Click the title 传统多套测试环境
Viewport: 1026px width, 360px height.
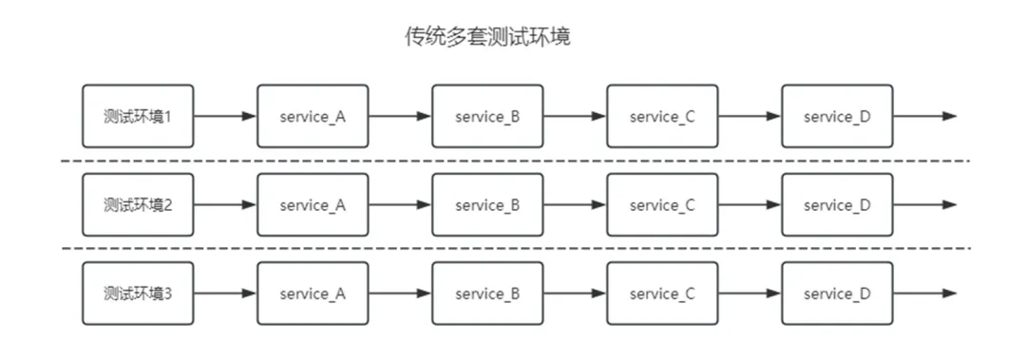pos(487,38)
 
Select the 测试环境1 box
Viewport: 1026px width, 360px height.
pos(138,116)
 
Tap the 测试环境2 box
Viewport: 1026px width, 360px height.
pos(138,204)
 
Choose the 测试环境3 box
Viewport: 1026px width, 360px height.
pos(138,294)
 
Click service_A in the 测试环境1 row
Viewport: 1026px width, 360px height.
pos(313,116)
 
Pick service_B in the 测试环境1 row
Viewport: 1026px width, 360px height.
pos(487,116)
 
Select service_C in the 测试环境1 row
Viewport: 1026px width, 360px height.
pos(662,116)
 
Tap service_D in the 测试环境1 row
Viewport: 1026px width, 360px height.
pos(837,116)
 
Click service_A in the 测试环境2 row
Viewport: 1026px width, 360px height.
pos(313,204)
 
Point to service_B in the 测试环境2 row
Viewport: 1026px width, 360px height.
pos(487,204)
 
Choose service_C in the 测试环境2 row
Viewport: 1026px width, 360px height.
pos(662,204)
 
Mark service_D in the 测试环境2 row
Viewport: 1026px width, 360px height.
pos(837,204)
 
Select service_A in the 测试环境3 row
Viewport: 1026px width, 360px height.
pos(313,294)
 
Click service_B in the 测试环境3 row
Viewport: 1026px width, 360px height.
pos(487,294)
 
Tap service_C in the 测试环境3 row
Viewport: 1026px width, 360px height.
pos(662,294)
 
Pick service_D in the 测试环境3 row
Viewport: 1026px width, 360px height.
pos(837,294)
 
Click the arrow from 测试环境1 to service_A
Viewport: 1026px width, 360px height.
pos(225,116)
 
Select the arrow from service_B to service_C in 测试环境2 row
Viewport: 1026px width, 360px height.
pos(575,204)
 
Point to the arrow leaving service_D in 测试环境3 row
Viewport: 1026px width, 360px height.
pos(924,294)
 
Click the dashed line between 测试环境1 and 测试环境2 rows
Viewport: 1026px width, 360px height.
pos(513,161)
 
